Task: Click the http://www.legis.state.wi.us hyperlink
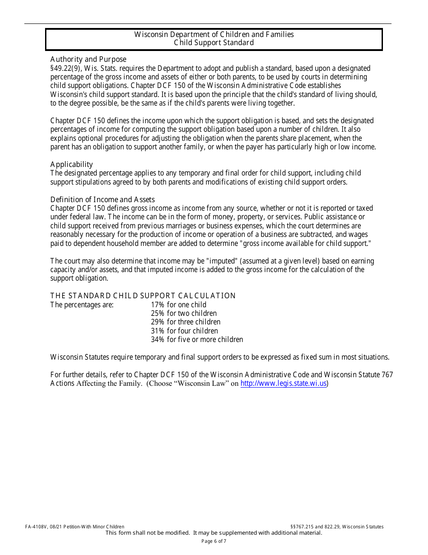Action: pyautogui.click(x=283, y=384)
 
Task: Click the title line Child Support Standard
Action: pyautogui.click(x=214, y=43)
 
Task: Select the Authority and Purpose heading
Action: pyautogui.click(x=88, y=60)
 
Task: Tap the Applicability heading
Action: pyautogui.click(x=72, y=164)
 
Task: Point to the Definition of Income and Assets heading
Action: pyautogui.click(x=102, y=199)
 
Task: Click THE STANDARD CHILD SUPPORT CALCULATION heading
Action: pyautogui.click(x=143, y=296)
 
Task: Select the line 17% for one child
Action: pyautogui.click(x=178, y=305)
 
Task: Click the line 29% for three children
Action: pyautogui.click(x=186, y=322)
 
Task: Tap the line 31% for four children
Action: pyautogui.click(x=184, y=331)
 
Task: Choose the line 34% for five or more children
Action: pyautogui.click(x=197, y=339)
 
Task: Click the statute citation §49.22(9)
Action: pyautogui.click(x=66, y=69)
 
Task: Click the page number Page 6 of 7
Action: pyautogui.click(x=214, y=541)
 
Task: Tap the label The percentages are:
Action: pyautogui.click(x=82, y=305)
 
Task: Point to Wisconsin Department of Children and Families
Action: pyautogui.click(x=214, y=35)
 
